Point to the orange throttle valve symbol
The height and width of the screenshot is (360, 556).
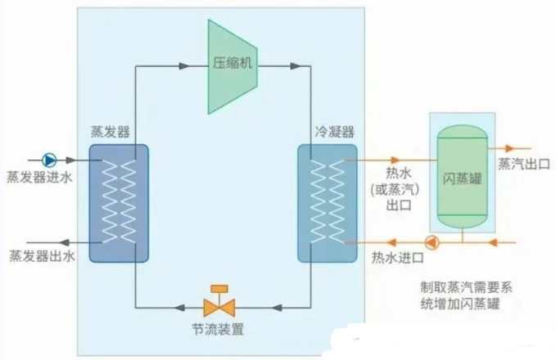point(219,306)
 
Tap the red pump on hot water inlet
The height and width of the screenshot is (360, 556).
point(432,243)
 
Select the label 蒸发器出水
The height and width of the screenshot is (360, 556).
point(42,258)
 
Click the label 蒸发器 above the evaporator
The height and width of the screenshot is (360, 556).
point(111,131)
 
